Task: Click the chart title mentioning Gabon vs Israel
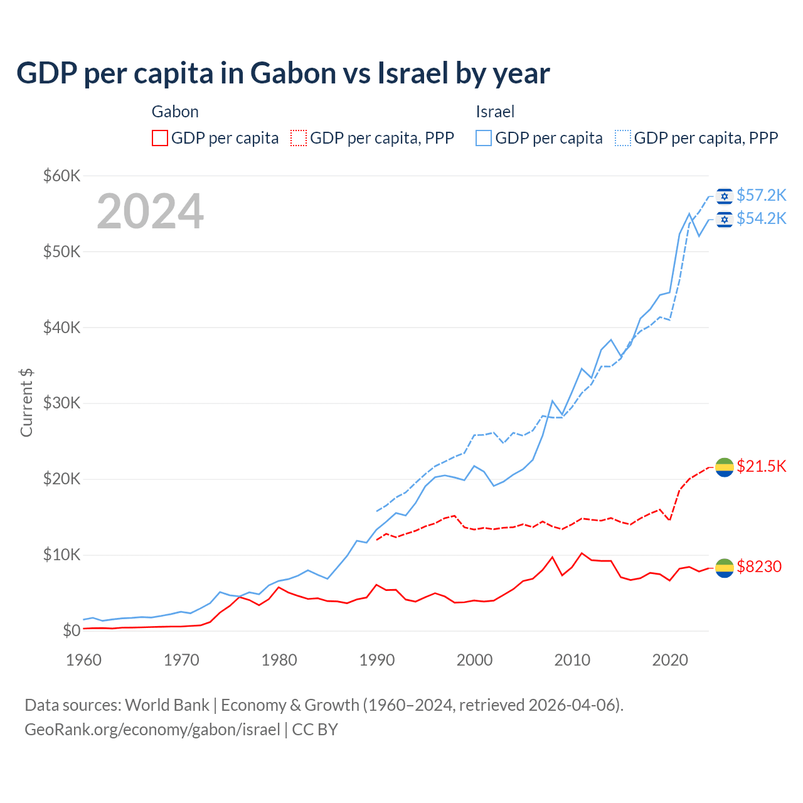(x=283, y=73)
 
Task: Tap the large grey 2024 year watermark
(x=150, y=211)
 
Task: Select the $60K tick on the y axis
(x=61, y=176)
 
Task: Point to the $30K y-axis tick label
(x=61, y=403)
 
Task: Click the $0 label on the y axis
(x=72, y=630)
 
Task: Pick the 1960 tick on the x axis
(x=83, y=660)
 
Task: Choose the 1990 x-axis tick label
(x=376, y=660)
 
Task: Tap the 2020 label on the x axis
(x=670, y=660)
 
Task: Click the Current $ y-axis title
(x=26, y=403)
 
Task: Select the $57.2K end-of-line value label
(x=761, y=196)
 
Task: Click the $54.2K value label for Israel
(x=761, y=218)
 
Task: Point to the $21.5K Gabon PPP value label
(x=761, y=466)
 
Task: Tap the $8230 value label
(x=759, y=567)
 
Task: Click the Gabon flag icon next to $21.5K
(x=725, y=467)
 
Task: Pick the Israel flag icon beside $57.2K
(x=725, y=196)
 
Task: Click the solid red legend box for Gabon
(x=160, y=138)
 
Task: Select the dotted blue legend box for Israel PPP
(x=623, y=138)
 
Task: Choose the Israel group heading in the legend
(x=495, y=112)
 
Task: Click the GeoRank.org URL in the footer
(x=152, y=730)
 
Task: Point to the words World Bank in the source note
(x=167, y=705)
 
